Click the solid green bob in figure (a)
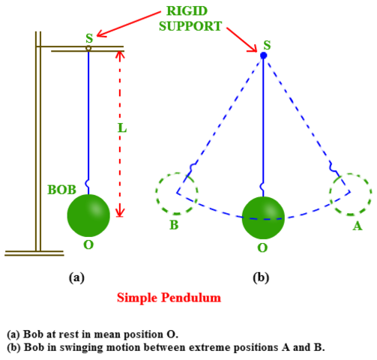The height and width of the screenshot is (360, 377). click(88, 216)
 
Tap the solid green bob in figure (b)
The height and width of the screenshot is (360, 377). click(263, 217)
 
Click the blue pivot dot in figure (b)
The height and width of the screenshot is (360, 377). click(263, 55)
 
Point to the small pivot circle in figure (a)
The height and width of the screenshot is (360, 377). click(88, 48)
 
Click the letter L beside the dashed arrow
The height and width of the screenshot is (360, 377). click(122, 128)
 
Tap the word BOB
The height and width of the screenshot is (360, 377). click(61, 190)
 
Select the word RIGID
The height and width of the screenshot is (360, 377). click(187, 11)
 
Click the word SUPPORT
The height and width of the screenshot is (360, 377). click(190, 26)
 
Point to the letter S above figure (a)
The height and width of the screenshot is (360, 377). click(89, 38)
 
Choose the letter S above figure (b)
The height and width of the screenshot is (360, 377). click(267, 45)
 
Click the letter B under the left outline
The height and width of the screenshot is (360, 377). click(174, 225)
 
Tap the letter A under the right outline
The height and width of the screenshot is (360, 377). click(358, 226)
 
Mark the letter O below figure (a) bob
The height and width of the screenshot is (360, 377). click(88, 245)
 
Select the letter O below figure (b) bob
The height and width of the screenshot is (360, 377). click(262, 248)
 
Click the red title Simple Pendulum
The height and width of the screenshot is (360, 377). click(169, 298)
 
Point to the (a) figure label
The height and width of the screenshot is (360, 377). click(76, 277)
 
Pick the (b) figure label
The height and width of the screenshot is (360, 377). click(261, 277)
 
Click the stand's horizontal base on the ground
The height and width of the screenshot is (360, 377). click(34, 253)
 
